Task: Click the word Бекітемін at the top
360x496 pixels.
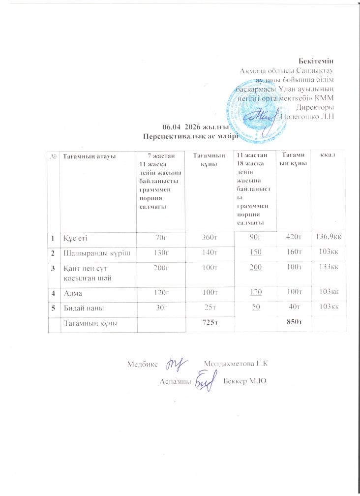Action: (316, 61)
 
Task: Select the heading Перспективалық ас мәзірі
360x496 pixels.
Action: (186, 136)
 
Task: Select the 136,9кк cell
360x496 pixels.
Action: (329, 238)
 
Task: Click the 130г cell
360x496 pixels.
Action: (160, 253)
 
